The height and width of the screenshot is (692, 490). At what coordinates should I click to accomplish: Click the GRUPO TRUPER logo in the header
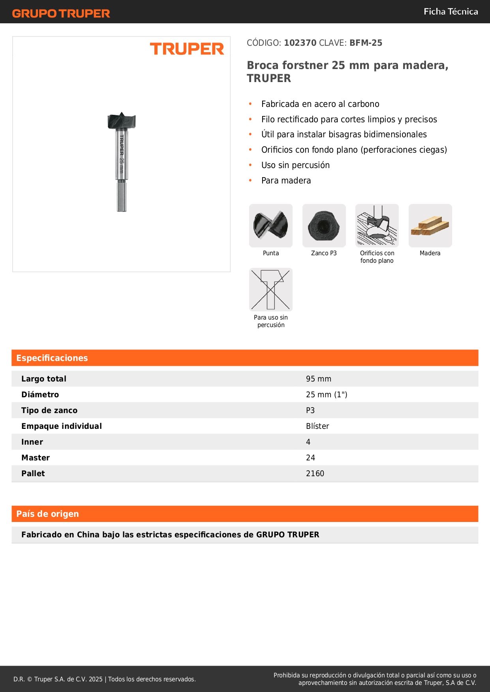[x=61, y=13]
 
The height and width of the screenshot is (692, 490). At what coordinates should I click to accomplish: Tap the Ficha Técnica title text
[x=451, y=12]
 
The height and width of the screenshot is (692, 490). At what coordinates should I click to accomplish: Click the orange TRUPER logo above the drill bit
[x=187, y=49]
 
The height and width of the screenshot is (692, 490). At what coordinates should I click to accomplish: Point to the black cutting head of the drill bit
[x=122, y=121]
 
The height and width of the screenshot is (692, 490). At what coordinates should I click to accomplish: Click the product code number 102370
[x=300, y=43]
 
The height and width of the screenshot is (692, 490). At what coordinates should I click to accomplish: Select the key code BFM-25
[x=366, y=43]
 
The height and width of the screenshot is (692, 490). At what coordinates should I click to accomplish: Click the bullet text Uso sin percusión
[x=295, y=165]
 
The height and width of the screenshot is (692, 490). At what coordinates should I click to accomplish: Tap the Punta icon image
[x=271, y=226]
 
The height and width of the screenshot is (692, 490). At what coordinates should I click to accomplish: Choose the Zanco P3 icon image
[x=324, y=226]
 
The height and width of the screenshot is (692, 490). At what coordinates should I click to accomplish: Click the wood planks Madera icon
[x=430, y=226]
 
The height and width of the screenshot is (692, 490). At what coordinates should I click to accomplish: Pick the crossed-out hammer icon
[x=271, y=290]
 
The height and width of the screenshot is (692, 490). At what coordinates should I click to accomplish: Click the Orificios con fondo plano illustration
[x=377, y=226]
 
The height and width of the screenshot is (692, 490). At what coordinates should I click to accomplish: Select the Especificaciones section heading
[x=52, y=358]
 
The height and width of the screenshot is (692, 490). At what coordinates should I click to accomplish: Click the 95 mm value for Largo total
[x=318, y=379]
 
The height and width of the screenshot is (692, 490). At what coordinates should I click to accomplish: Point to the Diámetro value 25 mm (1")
[x=327, y=395]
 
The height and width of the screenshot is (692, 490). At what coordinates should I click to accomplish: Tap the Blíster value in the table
[x=317, y=426]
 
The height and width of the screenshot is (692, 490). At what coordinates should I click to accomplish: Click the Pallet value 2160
[x=315, y=473]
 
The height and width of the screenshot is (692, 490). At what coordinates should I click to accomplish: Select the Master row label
[x=36, y=458]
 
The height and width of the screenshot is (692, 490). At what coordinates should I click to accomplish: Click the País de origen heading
[x=47, y=514]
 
